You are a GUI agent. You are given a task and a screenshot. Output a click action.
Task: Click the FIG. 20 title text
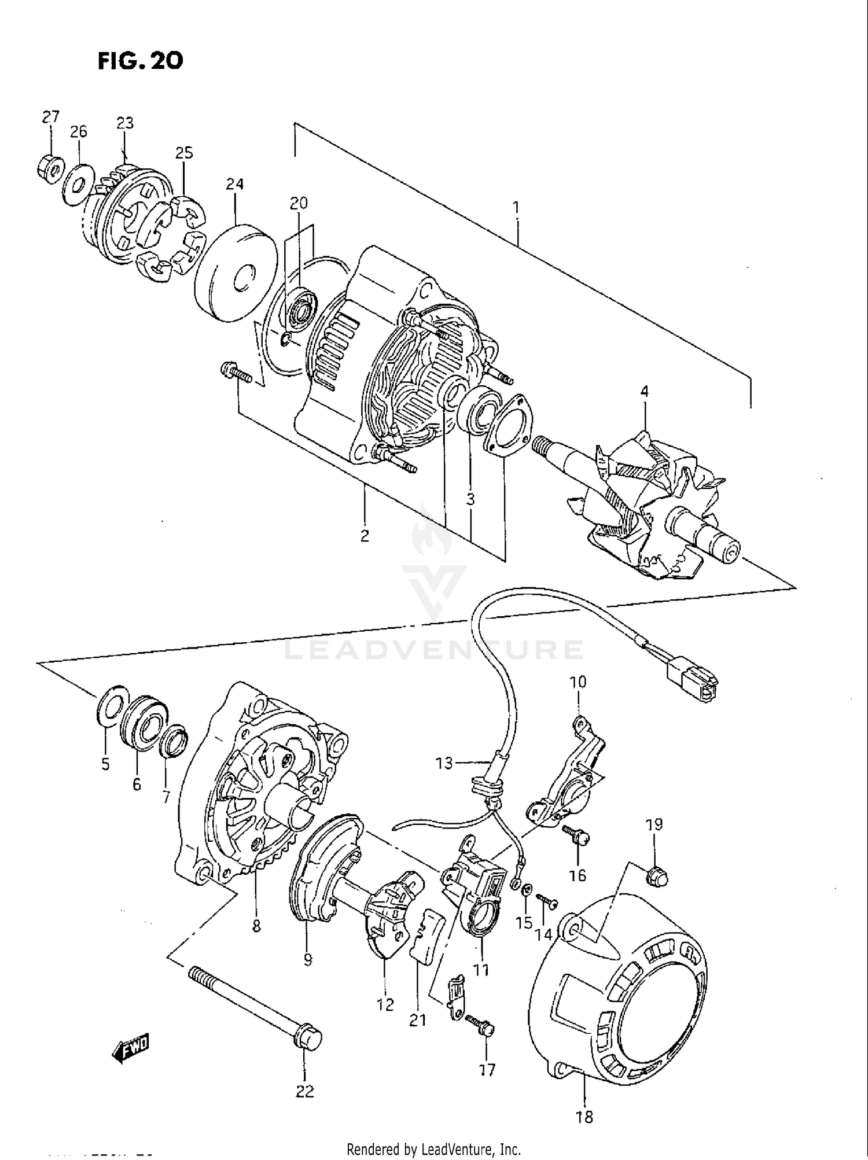(141, 61)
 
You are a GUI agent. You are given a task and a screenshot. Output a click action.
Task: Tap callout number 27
(50, 117)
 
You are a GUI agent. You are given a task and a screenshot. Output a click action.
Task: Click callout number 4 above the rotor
(644, 392)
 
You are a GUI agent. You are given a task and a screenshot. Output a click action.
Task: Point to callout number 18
(584, 1116)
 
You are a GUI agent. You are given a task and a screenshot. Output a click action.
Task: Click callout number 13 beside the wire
(444, 764)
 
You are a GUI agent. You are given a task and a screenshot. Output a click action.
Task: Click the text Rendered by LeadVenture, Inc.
(433, 1149)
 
